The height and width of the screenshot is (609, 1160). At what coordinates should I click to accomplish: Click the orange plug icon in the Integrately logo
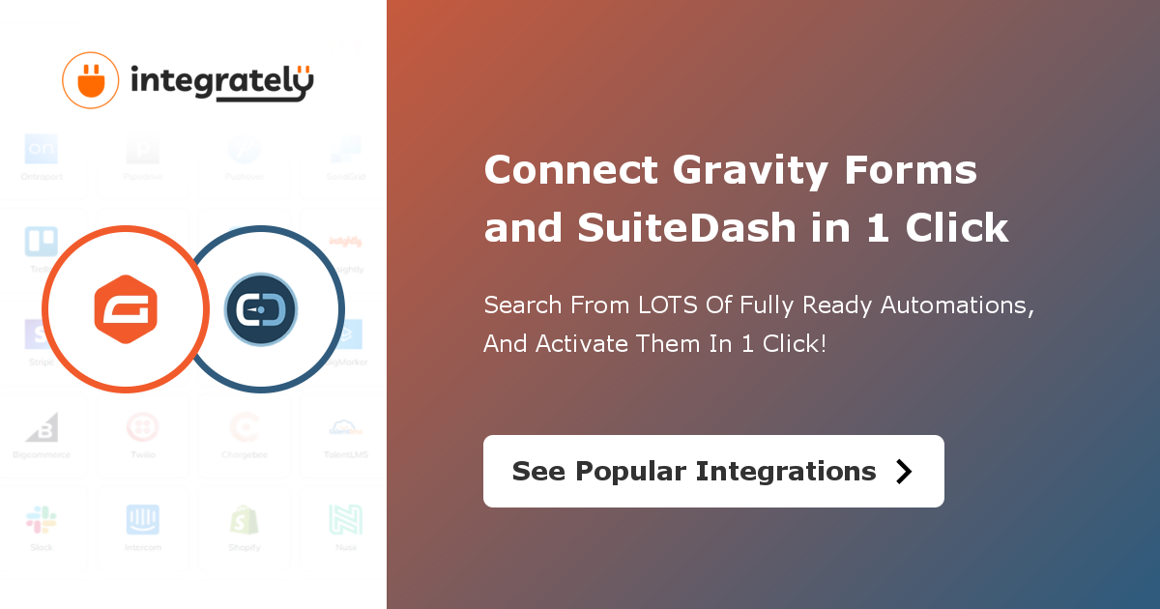(x=90, y=79)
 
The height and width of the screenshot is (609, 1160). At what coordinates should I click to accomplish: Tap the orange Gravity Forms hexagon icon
(x=125, y=310)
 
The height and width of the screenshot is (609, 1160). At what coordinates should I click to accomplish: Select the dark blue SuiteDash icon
(x=261, y=310)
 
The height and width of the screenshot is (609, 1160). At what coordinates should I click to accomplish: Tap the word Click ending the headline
(x=957, y=228)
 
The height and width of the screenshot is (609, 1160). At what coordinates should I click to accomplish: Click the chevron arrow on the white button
(x=904, y=471)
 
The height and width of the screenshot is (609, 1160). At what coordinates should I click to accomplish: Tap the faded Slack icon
(x=42, y=520)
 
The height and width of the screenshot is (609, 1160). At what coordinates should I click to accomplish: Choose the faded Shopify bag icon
(x=244, y=520)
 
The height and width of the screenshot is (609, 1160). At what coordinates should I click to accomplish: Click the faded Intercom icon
(x=143, y=520)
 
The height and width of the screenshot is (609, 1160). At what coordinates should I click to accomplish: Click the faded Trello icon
(x=42, y=242)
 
